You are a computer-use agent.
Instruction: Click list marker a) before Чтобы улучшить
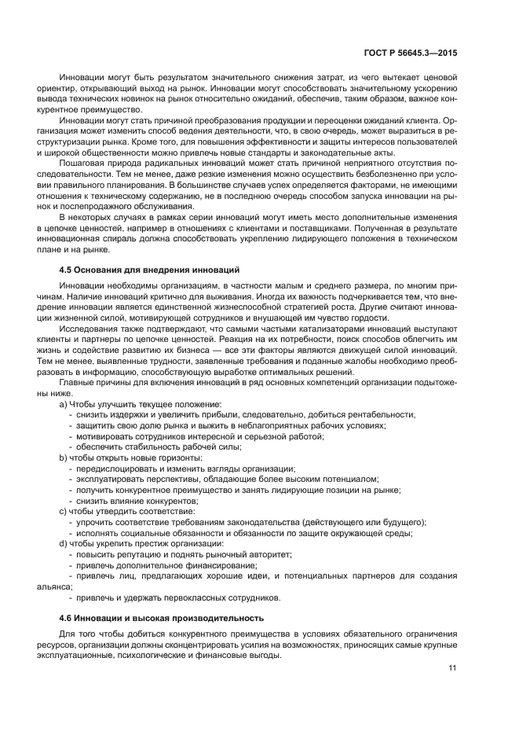(x=64, y=403)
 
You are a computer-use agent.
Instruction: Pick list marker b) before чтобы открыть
(x=64, y=458)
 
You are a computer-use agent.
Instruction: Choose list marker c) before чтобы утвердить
(x=64, y=511)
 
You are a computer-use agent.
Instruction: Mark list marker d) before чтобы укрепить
(x=64, y=543)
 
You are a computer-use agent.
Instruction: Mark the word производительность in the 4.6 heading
(x=213, y=618)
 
